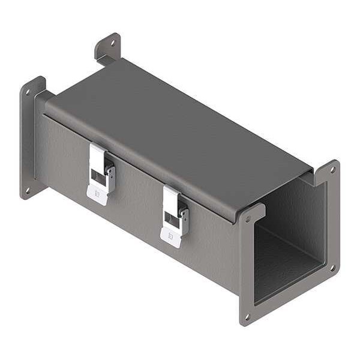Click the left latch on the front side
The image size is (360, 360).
click(101, 173)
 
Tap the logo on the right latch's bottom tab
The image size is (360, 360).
click(170, 237)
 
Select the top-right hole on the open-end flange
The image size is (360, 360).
click(331, 169)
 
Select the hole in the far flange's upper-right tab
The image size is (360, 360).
click(112, 43)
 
